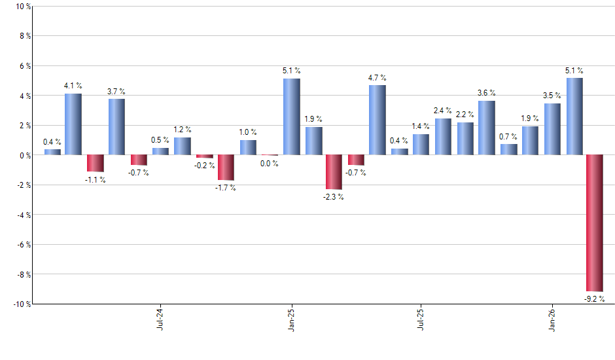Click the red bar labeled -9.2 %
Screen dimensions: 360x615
click(595, 223)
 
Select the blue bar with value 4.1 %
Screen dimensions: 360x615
click(73, 124)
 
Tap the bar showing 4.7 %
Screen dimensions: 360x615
click(378, 120)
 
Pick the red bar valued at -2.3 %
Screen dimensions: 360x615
click(334, 172)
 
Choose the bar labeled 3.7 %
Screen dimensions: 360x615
click(116, 127)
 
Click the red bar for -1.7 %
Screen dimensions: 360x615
click(226, 168)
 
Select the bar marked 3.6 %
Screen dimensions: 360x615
click(487, 128)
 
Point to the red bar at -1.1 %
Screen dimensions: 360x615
click(95, 163)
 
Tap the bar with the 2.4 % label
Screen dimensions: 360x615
click(443, 137)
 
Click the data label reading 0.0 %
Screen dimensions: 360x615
click(269, 164)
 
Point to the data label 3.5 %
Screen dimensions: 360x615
click(552, 96)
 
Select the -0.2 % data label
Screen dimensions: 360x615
click(205, 166)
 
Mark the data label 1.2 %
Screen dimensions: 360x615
click(183, 130)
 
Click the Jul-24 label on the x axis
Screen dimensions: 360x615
click(161, 319)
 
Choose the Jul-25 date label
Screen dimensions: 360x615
click(421, 319)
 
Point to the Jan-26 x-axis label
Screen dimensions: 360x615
click(552, 319)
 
